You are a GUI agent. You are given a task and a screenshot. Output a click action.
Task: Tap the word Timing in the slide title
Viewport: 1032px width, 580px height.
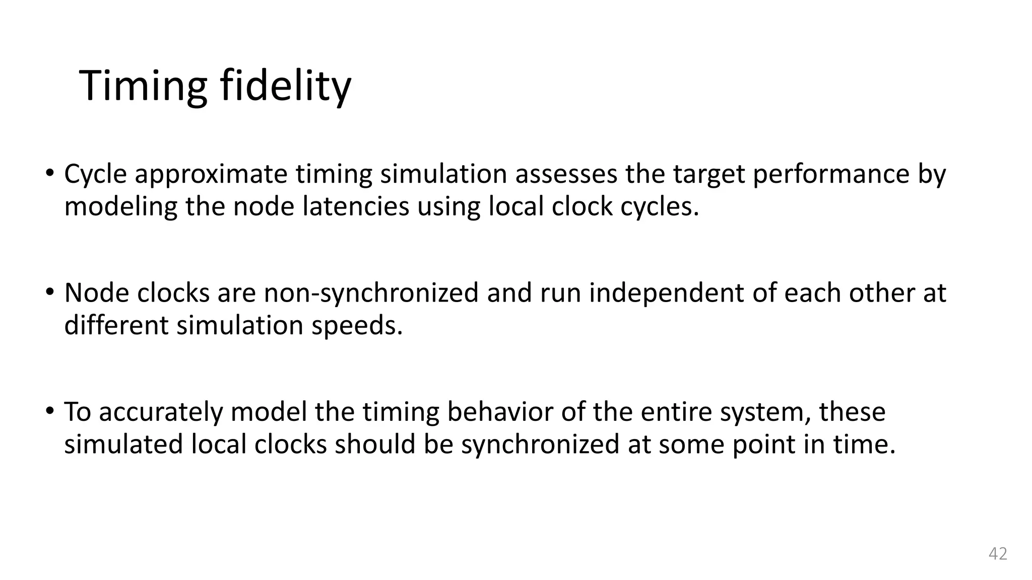tap(143, 87)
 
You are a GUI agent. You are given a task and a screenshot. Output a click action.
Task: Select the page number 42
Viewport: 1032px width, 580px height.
tap(998, 554)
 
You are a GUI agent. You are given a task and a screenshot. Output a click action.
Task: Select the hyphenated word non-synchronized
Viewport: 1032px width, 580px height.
tap(371, 293)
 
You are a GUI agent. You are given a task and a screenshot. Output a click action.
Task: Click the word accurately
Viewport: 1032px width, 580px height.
tap(161, 413)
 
